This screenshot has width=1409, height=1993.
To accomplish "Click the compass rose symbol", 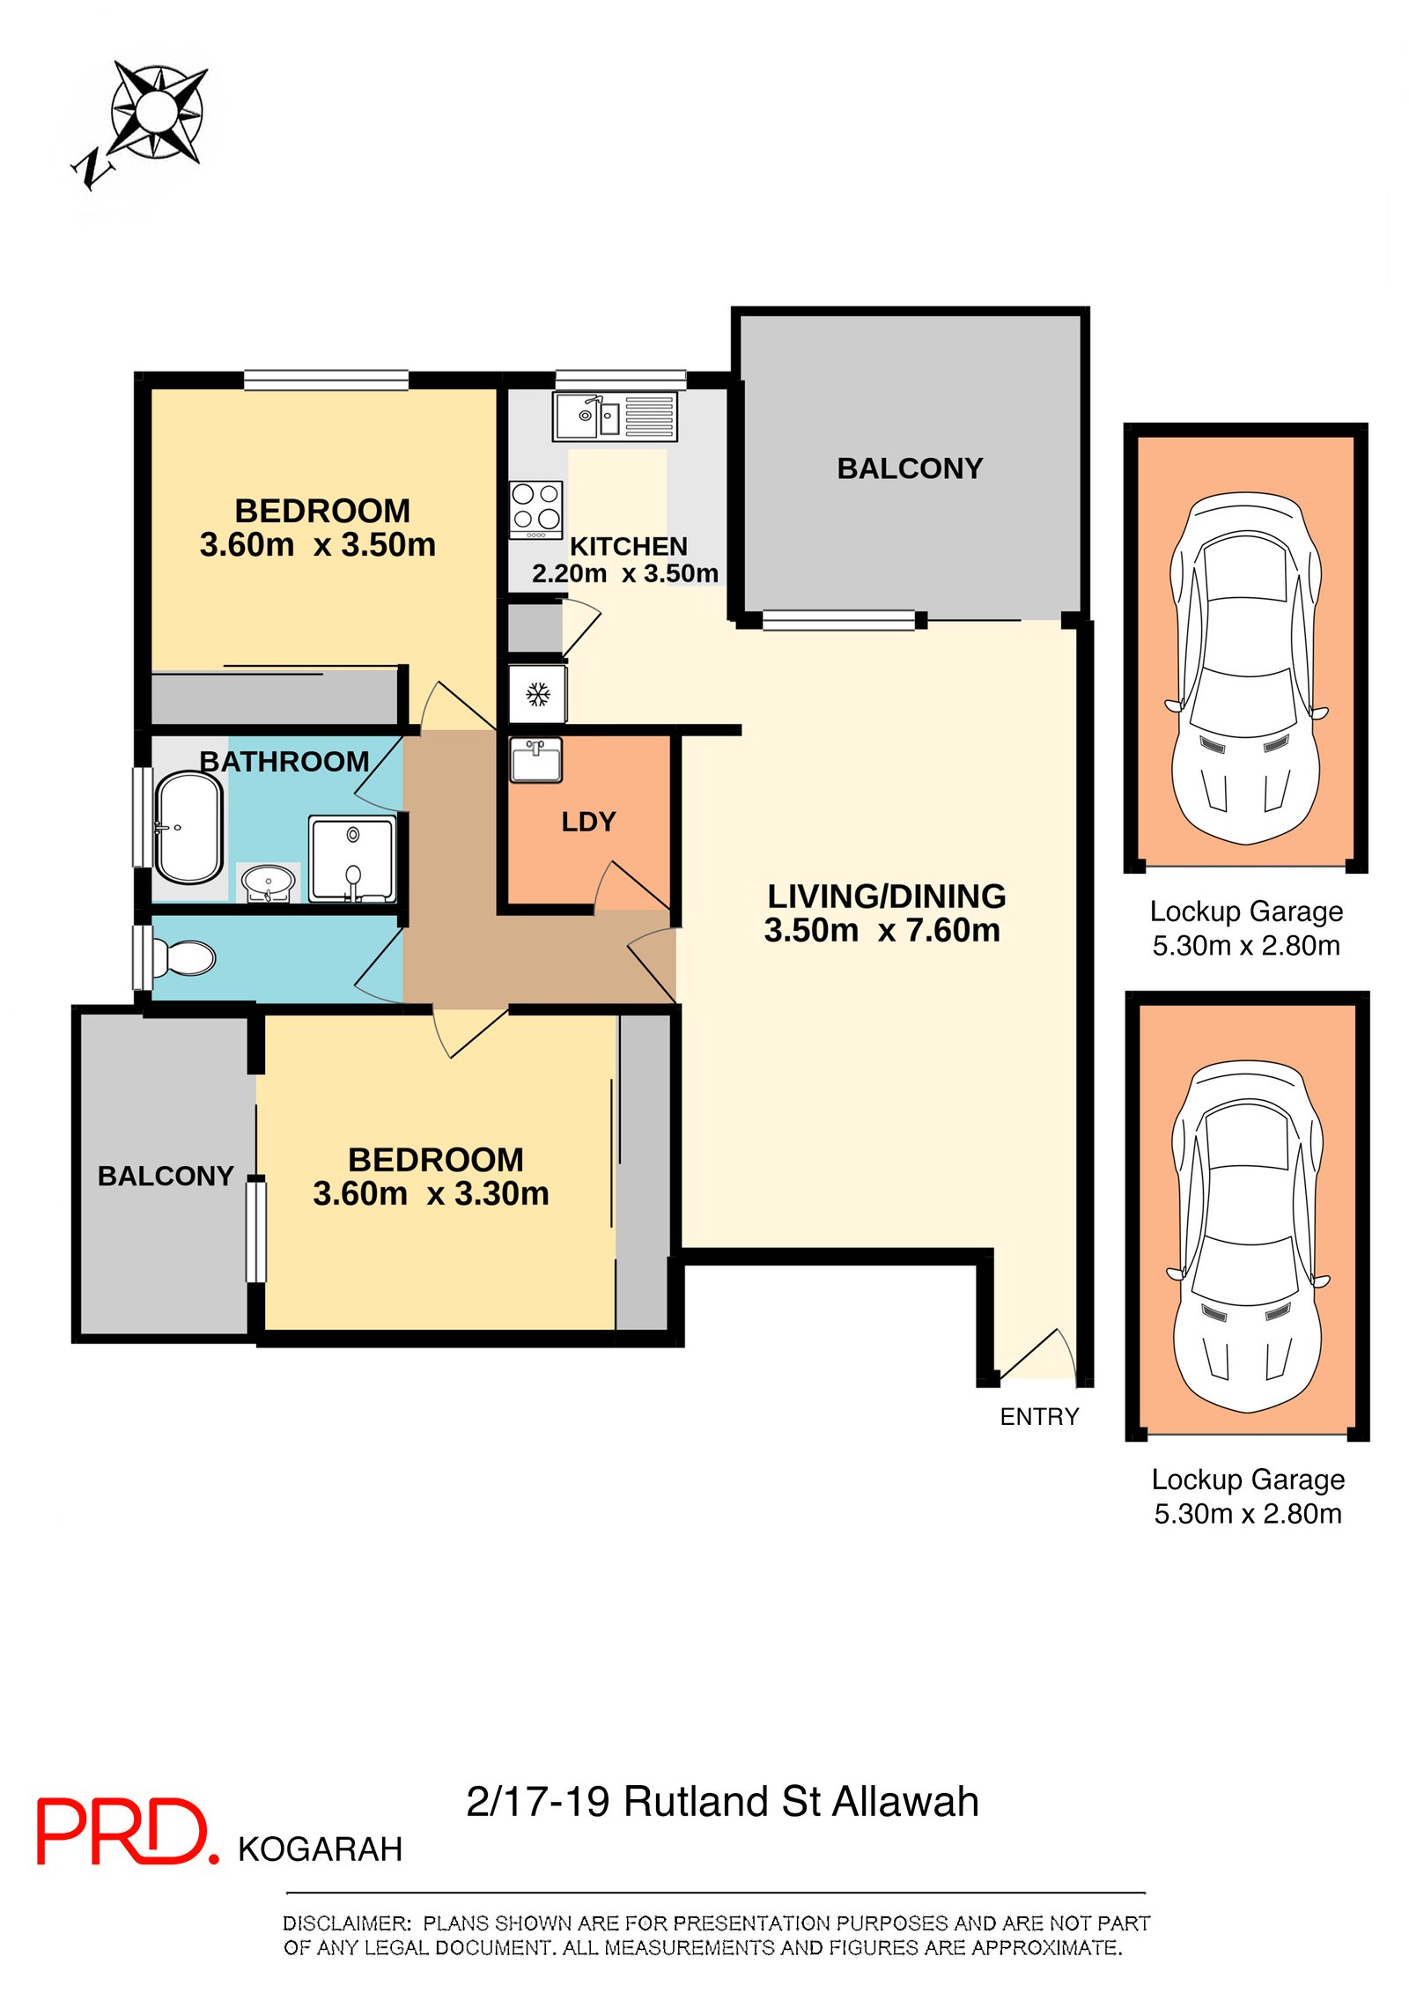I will point(157,112).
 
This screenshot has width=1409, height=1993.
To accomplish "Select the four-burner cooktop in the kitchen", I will point(535,509).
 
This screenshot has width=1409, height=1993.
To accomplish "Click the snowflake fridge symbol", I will point(537,695).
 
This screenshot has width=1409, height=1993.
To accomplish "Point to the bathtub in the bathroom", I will point(188,827).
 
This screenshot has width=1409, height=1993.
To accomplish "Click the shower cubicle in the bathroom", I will point(350,859).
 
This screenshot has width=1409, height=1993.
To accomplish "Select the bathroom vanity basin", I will point(268,881).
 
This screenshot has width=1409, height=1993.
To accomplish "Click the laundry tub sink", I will point(535,759).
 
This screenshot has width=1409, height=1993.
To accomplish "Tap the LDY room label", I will point(588,822).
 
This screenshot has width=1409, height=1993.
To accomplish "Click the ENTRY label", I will point(1038,1416).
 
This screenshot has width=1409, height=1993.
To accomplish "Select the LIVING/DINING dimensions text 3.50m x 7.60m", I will point(882,931).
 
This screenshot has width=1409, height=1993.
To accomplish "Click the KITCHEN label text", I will point(628,546).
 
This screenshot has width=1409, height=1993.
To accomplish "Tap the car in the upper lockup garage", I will point(1244,668).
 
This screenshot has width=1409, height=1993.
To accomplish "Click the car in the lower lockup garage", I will point(1246,1236).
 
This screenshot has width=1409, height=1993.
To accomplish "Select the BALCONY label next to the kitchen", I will point(909,469).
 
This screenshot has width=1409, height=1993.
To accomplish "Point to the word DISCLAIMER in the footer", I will point(346,1923).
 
